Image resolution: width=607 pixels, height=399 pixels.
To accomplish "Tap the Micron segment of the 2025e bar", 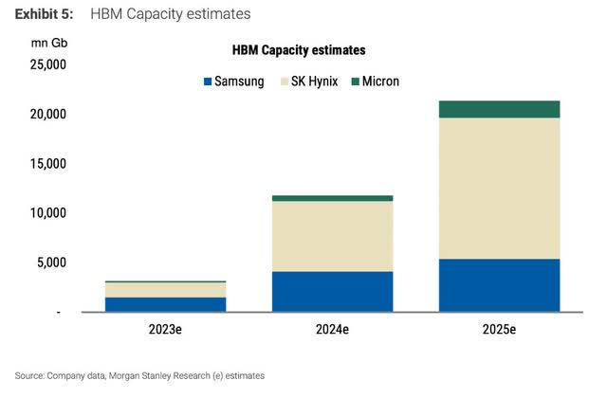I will click(499, 109).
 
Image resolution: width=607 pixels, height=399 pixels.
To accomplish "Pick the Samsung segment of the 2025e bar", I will click(499, 285).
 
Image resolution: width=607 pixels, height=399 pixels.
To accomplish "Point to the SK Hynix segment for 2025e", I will click(499, 188).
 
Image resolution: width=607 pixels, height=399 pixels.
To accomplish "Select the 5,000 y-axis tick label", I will click(49, 263).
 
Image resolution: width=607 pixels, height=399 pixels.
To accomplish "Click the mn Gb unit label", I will click(49, 43).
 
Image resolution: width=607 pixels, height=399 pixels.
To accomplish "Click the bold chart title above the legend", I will click(299, 49).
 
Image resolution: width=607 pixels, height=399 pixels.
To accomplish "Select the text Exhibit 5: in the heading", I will click(46, 14).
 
